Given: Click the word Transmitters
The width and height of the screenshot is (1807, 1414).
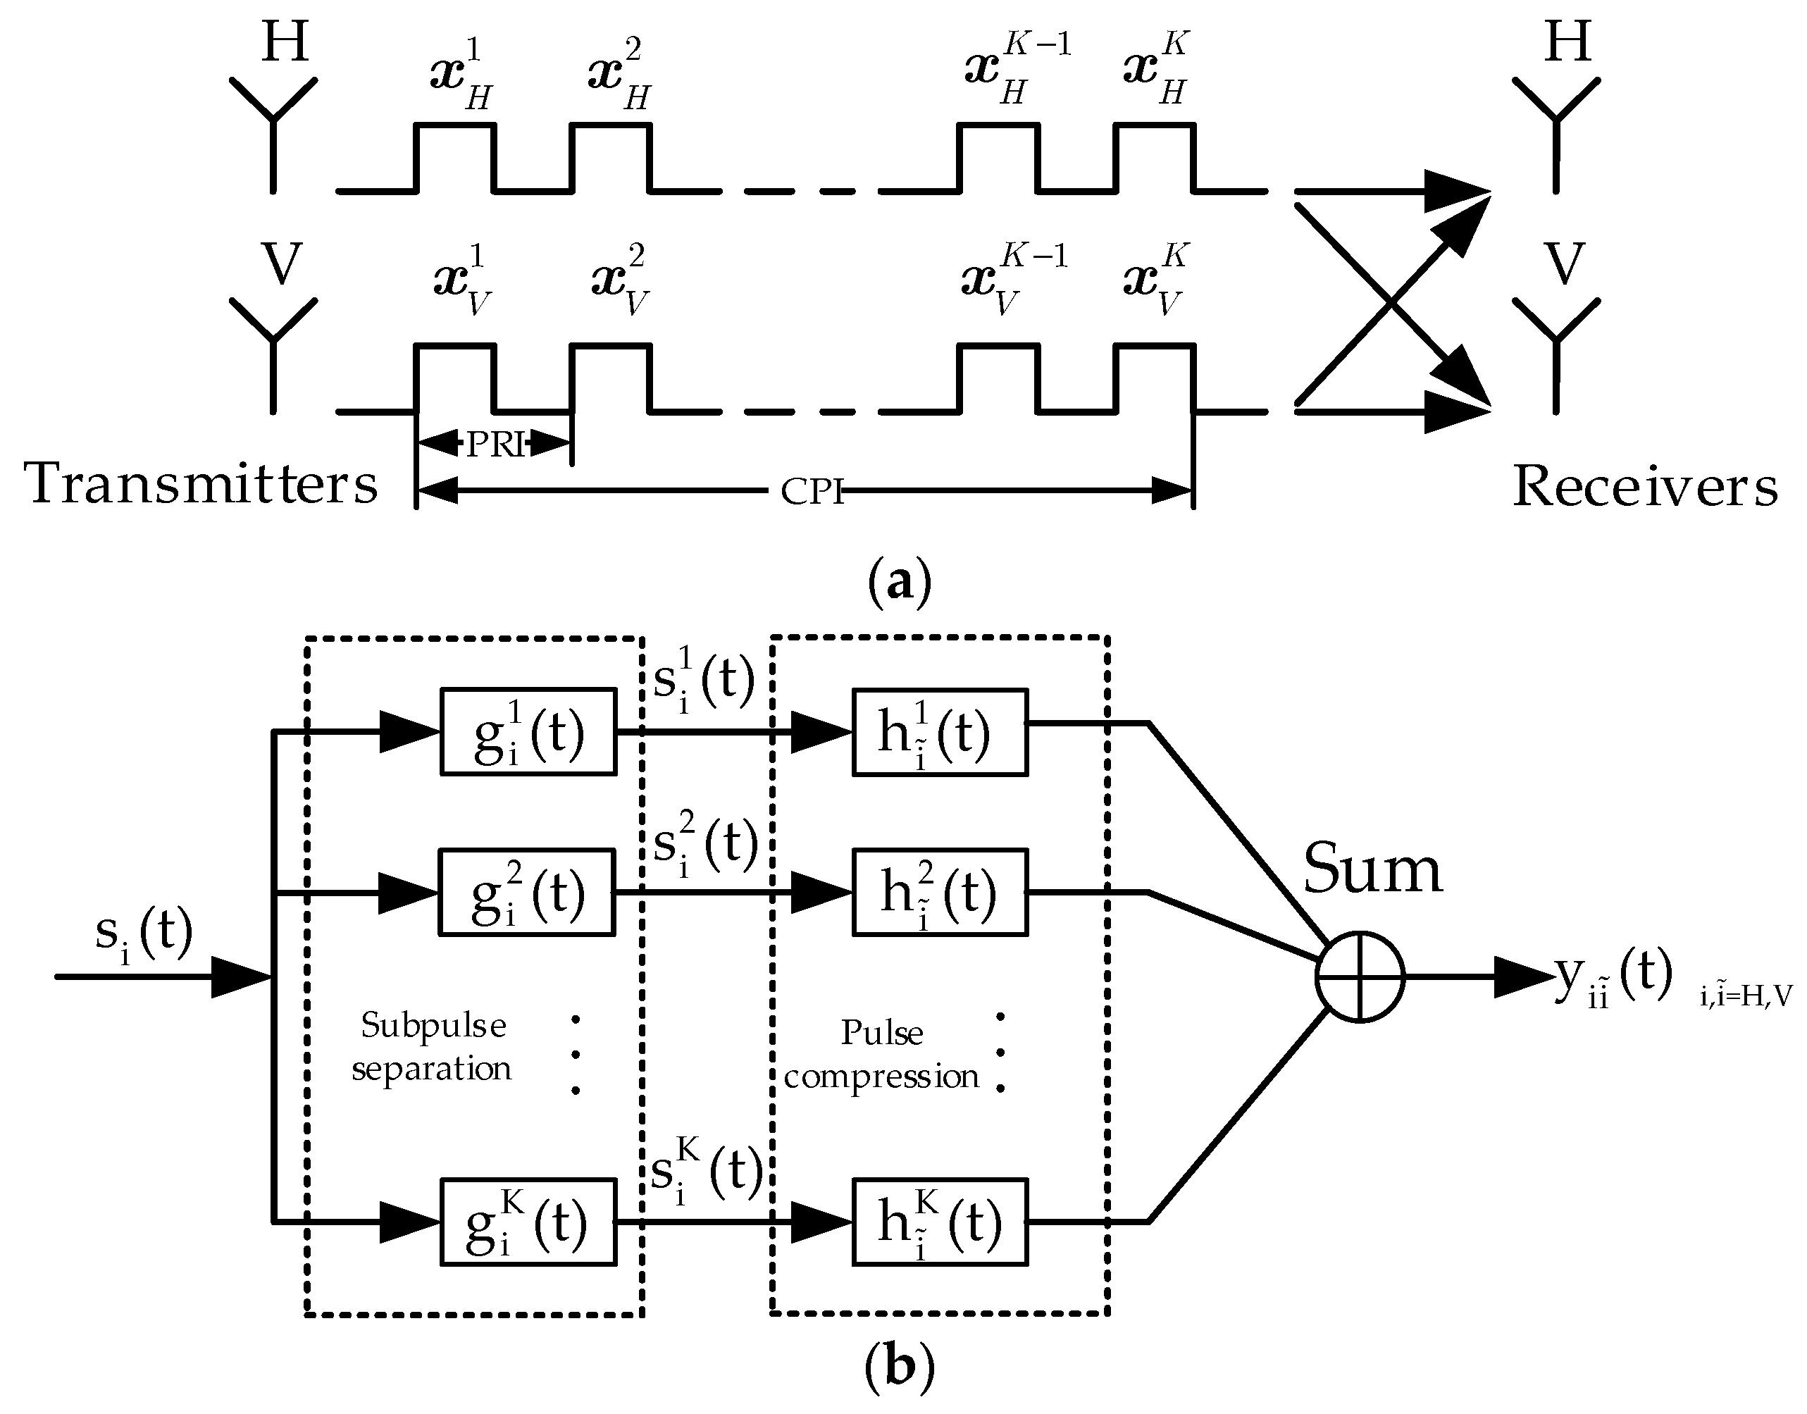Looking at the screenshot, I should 201,483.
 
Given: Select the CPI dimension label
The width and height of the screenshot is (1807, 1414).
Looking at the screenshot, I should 811,492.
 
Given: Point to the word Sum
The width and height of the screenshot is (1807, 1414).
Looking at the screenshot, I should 1372,869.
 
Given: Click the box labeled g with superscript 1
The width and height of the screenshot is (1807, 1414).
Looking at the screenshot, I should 528,733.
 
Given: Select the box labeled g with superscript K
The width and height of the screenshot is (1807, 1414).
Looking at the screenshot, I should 528,1222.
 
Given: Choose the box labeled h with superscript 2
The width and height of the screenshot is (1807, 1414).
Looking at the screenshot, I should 940,893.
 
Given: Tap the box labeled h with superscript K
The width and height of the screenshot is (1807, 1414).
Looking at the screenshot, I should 940,1222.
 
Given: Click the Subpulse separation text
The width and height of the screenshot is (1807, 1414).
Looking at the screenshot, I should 432,1047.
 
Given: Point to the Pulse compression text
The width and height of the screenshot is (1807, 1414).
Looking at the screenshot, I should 881,1055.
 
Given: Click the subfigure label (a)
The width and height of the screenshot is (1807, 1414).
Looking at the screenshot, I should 900,583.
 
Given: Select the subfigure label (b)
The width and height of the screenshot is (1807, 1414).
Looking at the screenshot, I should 900,1370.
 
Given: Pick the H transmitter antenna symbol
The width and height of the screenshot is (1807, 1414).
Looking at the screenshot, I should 273,132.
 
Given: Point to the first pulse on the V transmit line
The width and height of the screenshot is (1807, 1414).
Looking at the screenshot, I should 455,377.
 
